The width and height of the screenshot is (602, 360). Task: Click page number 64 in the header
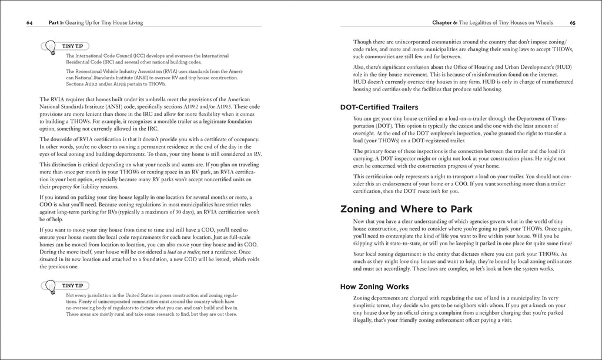coord(29,23)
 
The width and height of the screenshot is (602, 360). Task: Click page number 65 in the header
coord(573,23)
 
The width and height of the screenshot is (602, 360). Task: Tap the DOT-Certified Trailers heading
coord(379,107)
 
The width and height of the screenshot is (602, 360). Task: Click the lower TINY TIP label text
coord(72,285)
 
